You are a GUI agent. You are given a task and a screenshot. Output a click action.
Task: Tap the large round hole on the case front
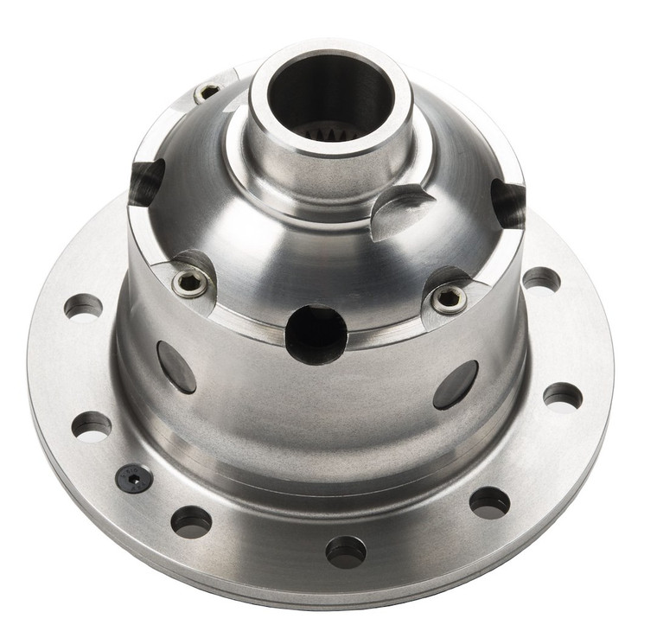(316, 335)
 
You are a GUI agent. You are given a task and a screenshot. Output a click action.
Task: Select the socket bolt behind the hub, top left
(207, 92)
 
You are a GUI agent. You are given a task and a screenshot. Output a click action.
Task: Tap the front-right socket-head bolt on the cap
(450, 299)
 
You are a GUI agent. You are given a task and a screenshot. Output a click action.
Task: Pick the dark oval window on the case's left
(176, 367)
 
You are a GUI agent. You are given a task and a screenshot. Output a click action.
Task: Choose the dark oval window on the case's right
(456, 385)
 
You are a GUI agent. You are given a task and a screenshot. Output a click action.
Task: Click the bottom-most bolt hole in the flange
(346, 551)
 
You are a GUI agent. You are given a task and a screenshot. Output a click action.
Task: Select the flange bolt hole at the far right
(563, 396)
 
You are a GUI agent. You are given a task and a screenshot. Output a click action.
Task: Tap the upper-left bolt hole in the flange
(84, 305)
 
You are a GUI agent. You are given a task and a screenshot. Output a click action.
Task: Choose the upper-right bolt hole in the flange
(541, 279)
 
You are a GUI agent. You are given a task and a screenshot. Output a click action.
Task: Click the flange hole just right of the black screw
(191, 520)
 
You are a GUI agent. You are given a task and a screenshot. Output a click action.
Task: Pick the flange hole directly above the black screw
(92, 425)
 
